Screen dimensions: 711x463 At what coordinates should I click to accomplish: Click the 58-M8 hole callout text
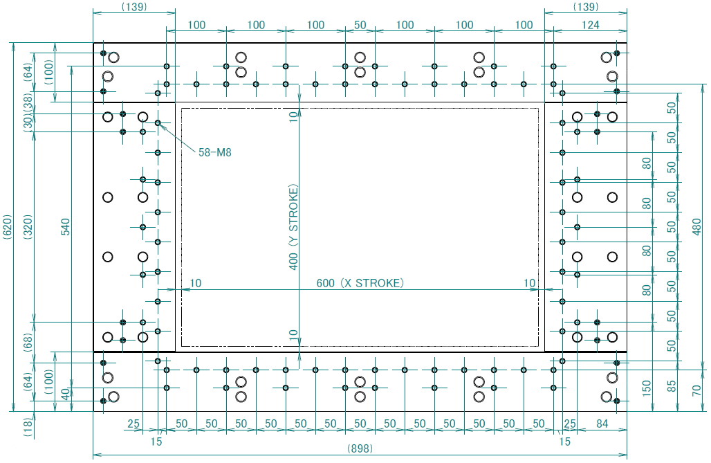(x=215, y=152)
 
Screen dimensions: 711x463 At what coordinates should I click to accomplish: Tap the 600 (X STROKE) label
(x=360, y=283)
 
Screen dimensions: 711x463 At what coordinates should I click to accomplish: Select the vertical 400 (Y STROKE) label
(x=294, y=227)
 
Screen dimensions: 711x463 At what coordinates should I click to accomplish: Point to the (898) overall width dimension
(x=360, y=448)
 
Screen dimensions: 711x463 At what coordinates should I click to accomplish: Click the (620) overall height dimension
(x=8, y=227)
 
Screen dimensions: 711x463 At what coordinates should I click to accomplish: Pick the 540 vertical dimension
(x=66, y=227)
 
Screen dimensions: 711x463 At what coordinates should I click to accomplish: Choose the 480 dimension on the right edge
(x=697, y=227)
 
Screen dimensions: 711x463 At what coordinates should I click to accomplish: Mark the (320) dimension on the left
(x=28, y=227)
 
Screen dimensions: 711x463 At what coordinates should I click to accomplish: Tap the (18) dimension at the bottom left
(x=28, y=427)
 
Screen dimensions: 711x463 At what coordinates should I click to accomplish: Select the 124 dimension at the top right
(x=591, y=25)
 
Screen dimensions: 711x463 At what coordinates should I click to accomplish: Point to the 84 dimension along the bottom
(x=602, y=424)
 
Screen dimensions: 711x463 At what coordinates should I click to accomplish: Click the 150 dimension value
(x=647, y=388)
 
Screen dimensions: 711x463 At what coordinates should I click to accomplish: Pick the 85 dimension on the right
(x=672, y=386)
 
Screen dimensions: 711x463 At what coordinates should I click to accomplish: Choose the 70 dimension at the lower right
(x=697, y=390)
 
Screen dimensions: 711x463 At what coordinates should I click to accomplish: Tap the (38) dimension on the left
(x=28, y=102)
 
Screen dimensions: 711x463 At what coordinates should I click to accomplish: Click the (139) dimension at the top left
(x=134, y=7)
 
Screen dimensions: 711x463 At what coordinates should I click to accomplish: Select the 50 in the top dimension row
(x=360, y=25)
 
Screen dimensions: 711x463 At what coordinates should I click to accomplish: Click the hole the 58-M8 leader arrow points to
(x=158, y=123)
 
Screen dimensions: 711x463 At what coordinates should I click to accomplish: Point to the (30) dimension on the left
(x=28, y=122)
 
